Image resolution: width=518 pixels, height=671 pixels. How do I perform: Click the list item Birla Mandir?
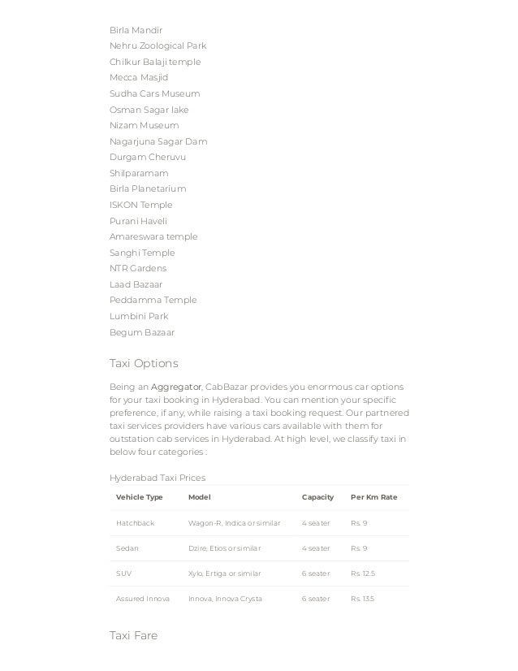click(136, 30)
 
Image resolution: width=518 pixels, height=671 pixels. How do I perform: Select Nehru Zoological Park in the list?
click(158, 45)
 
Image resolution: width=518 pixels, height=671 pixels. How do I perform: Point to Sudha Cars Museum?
click(154, 93)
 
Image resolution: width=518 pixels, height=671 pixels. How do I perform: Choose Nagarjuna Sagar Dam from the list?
click(158, 141)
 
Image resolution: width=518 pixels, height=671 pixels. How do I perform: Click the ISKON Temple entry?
click(140, 205)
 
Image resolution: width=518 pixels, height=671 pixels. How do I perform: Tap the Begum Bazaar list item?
click(141, 332)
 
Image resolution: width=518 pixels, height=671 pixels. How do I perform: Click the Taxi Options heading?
click(143, 362)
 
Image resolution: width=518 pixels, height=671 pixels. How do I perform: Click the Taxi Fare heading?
click(133, 635)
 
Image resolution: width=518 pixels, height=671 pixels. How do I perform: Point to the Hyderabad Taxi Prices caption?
click(157, 478)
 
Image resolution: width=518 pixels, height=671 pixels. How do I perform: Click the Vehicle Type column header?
click(140, 497)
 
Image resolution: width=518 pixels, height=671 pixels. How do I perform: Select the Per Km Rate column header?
click(373, 497)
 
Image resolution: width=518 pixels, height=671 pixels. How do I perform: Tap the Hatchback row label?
click(136, 523)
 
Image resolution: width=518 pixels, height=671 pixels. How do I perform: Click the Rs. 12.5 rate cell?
click(362, 574)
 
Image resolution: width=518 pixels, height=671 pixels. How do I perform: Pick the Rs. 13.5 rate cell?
click(362, 599)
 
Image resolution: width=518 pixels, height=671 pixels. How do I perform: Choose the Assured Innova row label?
click(143, 599)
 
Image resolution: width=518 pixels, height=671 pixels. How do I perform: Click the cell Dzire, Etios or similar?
click(223, 548)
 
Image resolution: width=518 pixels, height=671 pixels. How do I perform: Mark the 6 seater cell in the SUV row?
click(316, 574)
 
